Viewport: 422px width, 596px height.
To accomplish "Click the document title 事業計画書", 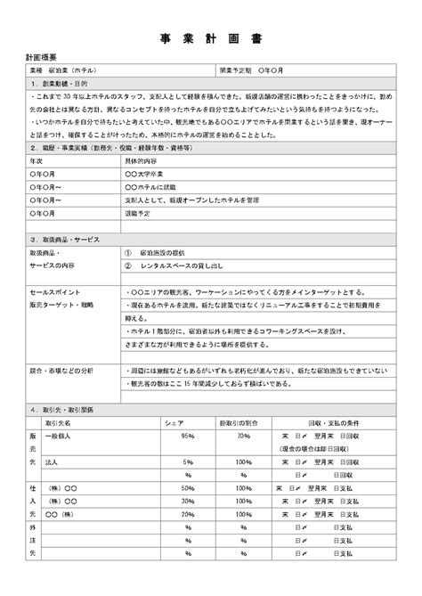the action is (210, 39).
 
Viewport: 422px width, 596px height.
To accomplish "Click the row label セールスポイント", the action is (56, 292).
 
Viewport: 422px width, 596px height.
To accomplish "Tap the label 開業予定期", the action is (237, 69).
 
